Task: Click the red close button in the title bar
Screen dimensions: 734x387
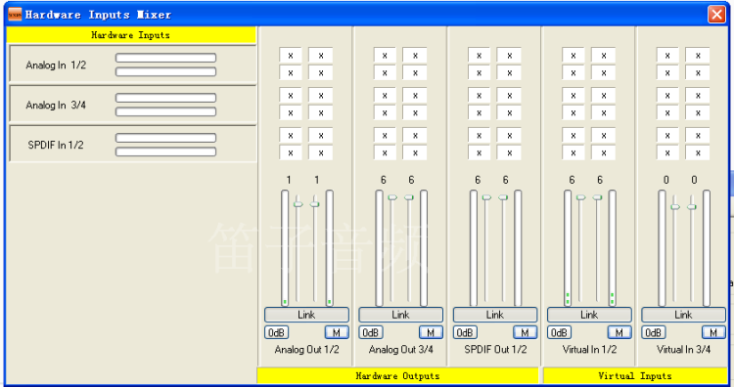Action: click(x=716, y=15)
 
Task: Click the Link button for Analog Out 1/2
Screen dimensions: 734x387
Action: click(x=306, y=315)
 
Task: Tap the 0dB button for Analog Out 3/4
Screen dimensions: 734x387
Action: click(x=371, y=332)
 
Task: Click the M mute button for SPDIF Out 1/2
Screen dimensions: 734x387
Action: click(x=525, y=332)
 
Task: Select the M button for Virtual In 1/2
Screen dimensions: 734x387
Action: click(x=619, y=332)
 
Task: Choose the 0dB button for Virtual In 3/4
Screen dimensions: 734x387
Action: click(x=653, y=332)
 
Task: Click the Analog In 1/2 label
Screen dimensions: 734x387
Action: click(x=56, y=64)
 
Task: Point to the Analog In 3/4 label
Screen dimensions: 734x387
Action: click(x=56, y=106)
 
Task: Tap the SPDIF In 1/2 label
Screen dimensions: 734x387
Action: click(x=56, y=145)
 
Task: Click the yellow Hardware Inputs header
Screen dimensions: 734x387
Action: click(x=131, y=35)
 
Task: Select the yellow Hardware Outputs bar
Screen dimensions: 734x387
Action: click(x=398, y=376)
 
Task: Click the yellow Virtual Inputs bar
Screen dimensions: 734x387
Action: click(x=635, y=376)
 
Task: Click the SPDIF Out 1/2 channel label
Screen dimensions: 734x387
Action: click(x=495, y=349)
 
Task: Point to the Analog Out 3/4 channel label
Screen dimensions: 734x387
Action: click(x=400, y=349)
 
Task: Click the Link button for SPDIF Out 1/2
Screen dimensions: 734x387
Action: click(x=495, y=315)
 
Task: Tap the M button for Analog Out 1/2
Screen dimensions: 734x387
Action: click(x=337, y=332)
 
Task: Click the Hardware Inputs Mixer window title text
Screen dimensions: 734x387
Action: click(x=98, y=15)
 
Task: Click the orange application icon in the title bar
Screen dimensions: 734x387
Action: click(x=15, y=15)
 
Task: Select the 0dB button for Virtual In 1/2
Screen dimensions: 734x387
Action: click(x=559, y=332)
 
